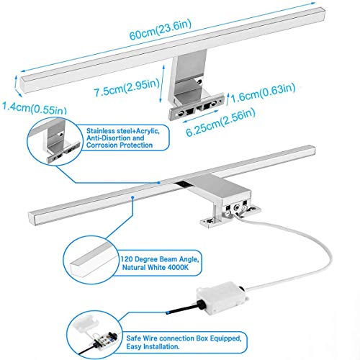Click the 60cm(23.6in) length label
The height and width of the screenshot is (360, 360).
pos(161,30)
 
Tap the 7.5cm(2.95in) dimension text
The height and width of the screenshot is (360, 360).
pos(127,87)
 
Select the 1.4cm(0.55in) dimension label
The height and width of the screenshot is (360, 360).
pos(34,108)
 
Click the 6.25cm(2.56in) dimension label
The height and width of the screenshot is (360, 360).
pos(220,122)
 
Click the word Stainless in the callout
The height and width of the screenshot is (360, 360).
pos(101,131)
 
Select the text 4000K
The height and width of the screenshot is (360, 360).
pos(178,267)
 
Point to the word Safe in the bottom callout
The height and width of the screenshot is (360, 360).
pos(133,338)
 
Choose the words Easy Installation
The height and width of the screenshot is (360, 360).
pos(153,347)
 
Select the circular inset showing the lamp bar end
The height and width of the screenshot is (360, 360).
pos(91,260)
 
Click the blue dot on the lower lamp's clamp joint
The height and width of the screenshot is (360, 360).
pos(158,183)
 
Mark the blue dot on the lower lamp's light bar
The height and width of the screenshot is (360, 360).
pos(132,197)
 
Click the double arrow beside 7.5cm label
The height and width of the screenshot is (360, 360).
pos(162,84)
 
